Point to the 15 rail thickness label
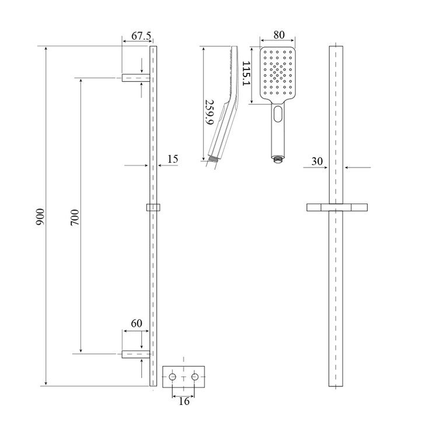173,159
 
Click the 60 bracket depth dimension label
137,323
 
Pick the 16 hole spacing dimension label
184,401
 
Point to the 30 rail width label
317,162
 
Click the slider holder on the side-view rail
153,207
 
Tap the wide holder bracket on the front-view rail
337,207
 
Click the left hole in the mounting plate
173,378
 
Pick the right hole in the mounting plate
194,378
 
